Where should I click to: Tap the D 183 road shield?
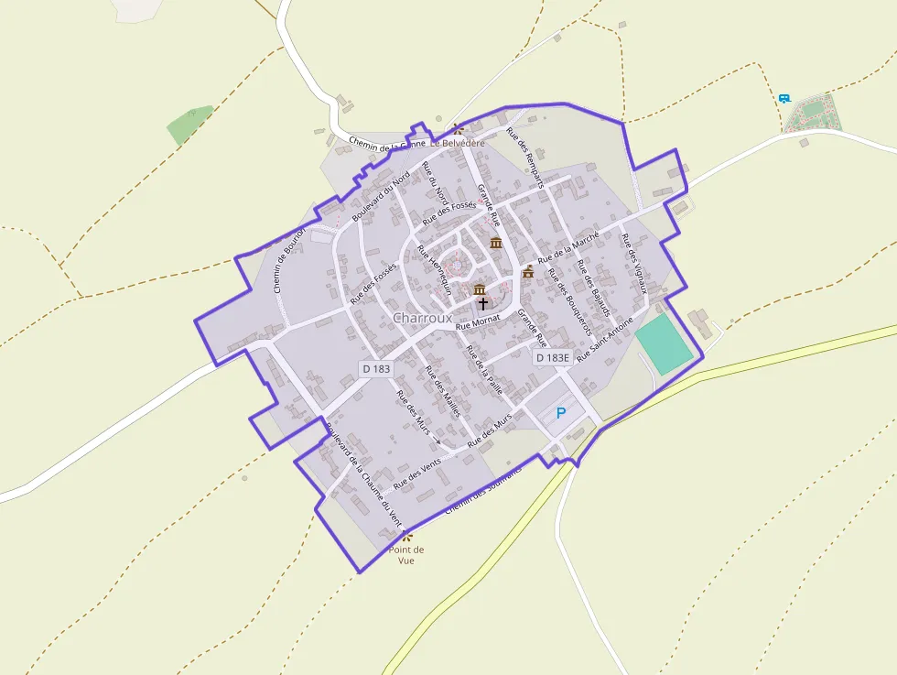coord(376,367)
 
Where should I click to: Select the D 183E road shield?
coord(552,358)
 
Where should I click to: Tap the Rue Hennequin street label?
coord(434,268)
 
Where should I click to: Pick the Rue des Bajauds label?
coord(593,288)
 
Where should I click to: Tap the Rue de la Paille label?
coord(484,369)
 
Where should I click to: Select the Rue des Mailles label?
coord(442,392)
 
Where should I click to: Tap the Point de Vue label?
coord(406,555)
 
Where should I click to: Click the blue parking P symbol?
coord(561,413)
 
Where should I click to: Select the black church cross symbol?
coord(482,302)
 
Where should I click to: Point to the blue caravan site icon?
coord(784,98)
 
